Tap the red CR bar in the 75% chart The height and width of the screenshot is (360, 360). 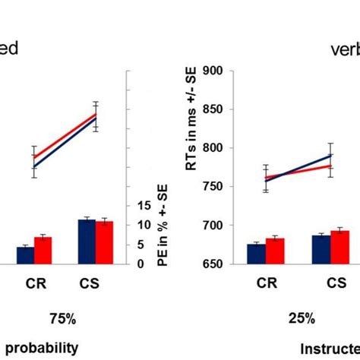(x=43, y=251)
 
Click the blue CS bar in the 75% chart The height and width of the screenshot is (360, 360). (x=87, y=242)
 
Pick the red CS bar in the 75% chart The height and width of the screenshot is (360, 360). (x=104, y=243)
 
